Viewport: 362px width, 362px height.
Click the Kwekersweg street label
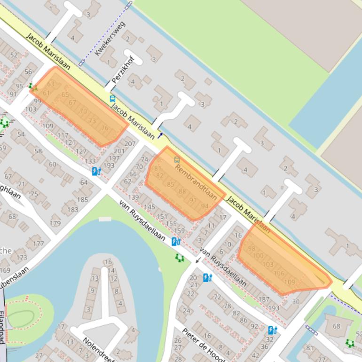pos(110,38)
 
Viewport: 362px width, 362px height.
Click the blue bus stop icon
pos(112,99)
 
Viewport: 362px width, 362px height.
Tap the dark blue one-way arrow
pos(161,135)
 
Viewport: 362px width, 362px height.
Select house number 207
pos(130,144)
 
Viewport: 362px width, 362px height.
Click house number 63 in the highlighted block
pos(51,84)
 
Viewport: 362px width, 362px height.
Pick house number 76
pos(104,128)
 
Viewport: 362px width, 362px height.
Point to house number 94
pos(205,206)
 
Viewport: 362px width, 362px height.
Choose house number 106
pos(279,273)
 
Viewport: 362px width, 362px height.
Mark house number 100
pos(258,256)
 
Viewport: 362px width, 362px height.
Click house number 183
pos(73,210)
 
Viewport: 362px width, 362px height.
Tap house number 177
pos(39,244)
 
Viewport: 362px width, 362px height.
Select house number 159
pos(180,230)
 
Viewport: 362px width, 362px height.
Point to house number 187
pos(264,299)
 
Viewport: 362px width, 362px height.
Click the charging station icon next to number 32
pos(272,330)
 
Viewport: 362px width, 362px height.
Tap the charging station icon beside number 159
pos(176,242)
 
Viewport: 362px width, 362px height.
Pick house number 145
pos(150,207)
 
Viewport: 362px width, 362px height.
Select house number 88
pos(182,191)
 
